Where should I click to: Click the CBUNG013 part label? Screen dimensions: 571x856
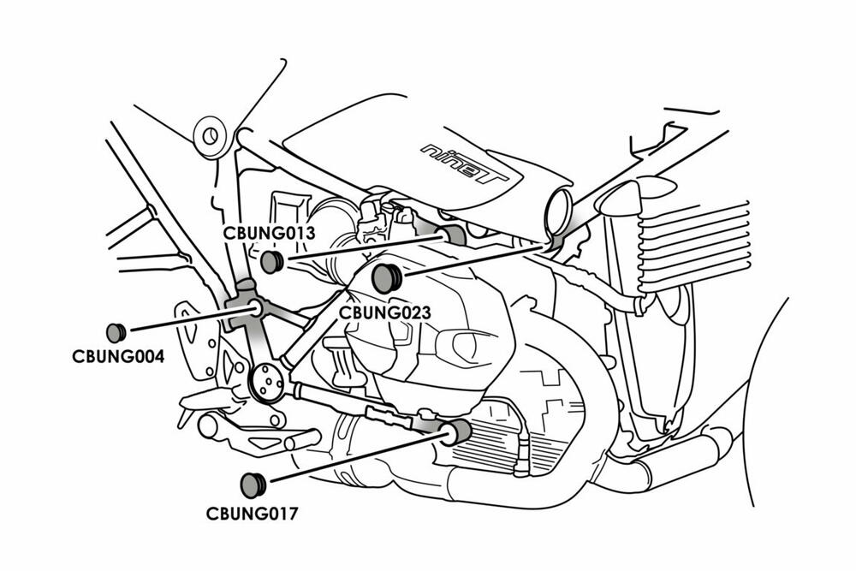270,232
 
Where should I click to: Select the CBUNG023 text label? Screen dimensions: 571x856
384,312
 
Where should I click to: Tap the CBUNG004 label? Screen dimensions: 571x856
117,354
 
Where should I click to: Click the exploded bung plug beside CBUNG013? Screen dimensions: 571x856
272,261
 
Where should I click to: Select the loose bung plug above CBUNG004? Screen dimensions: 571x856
116,332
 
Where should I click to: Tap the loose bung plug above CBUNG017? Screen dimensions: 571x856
253,485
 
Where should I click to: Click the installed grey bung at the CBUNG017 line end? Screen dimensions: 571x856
459,431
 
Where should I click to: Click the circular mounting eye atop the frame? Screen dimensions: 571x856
208,134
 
